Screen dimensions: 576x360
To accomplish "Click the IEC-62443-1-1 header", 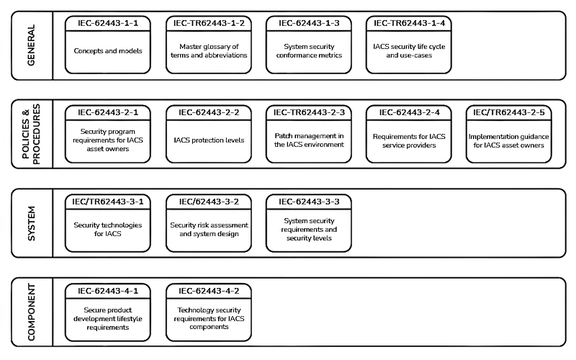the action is click(x=107, y=23).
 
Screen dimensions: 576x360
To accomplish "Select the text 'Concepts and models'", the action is click(x=107, y=50).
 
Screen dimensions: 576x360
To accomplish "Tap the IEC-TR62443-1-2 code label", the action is click(x=209, y=23).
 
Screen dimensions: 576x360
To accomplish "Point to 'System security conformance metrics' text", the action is click(x=309, y=50).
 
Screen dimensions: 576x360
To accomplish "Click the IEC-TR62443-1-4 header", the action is click(x=409, y=23).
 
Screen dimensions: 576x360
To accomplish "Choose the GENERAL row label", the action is click(x=31, y=45).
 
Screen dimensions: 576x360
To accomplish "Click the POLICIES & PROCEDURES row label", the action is click(x=31, y=134).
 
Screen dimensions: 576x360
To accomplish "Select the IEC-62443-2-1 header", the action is click(x=107, y=112).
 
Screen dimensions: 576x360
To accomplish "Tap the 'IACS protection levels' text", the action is click(x=209, y=140).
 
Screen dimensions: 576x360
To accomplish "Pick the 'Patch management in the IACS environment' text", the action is click(x=309, y=140).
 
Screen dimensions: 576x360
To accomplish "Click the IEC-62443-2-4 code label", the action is click(x=409, y=112).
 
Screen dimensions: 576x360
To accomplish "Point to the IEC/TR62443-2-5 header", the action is click(x=509, y=112).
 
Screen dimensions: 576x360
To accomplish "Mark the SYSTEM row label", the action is click(x=32, y=223).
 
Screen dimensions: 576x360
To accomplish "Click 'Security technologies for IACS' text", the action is click(x=107, y=229).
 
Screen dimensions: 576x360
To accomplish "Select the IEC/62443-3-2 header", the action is click(x=209, y=202).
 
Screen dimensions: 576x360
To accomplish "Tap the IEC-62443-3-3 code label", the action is click(x=309, y=202).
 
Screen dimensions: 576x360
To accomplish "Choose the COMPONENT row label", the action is click(x=31, y=312).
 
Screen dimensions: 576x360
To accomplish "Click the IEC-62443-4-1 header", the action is click(x=107, y=291).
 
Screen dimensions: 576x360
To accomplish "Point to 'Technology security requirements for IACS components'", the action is click(x=209, y=318).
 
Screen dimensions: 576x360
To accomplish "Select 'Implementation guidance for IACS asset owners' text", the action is click(x=509, y=140).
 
